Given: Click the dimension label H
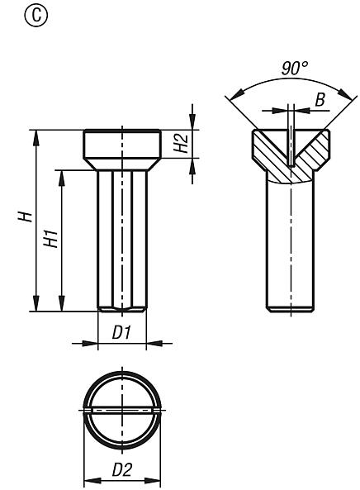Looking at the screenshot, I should [26, 216].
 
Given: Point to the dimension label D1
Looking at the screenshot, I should [122, 332].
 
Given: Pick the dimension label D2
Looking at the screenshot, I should [121, 470].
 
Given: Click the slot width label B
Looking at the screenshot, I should [319, 100].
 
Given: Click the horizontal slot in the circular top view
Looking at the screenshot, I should [121, 410].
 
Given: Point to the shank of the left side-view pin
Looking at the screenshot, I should [121, 240].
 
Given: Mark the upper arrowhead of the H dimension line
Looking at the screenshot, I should [36, 135].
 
